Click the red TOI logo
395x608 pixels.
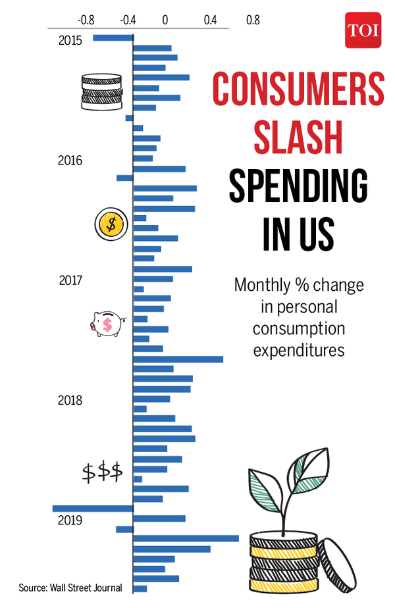pos(363,30)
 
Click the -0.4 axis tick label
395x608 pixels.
pos(128,20)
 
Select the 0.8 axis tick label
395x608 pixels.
pos(253,20)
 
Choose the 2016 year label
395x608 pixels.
pos(70,161)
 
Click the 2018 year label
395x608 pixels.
pos(70,400)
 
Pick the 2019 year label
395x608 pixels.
pos(70,520)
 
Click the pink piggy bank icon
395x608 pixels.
pos(108,323)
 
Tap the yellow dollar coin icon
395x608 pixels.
pos(110,224)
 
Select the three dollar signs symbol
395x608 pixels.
pos(102,472)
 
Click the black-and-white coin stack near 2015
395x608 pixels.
pos(101,92)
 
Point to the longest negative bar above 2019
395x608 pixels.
pos(93,508)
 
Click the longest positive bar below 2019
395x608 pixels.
pos(186,538)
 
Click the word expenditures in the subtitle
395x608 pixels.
pos(299,349)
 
